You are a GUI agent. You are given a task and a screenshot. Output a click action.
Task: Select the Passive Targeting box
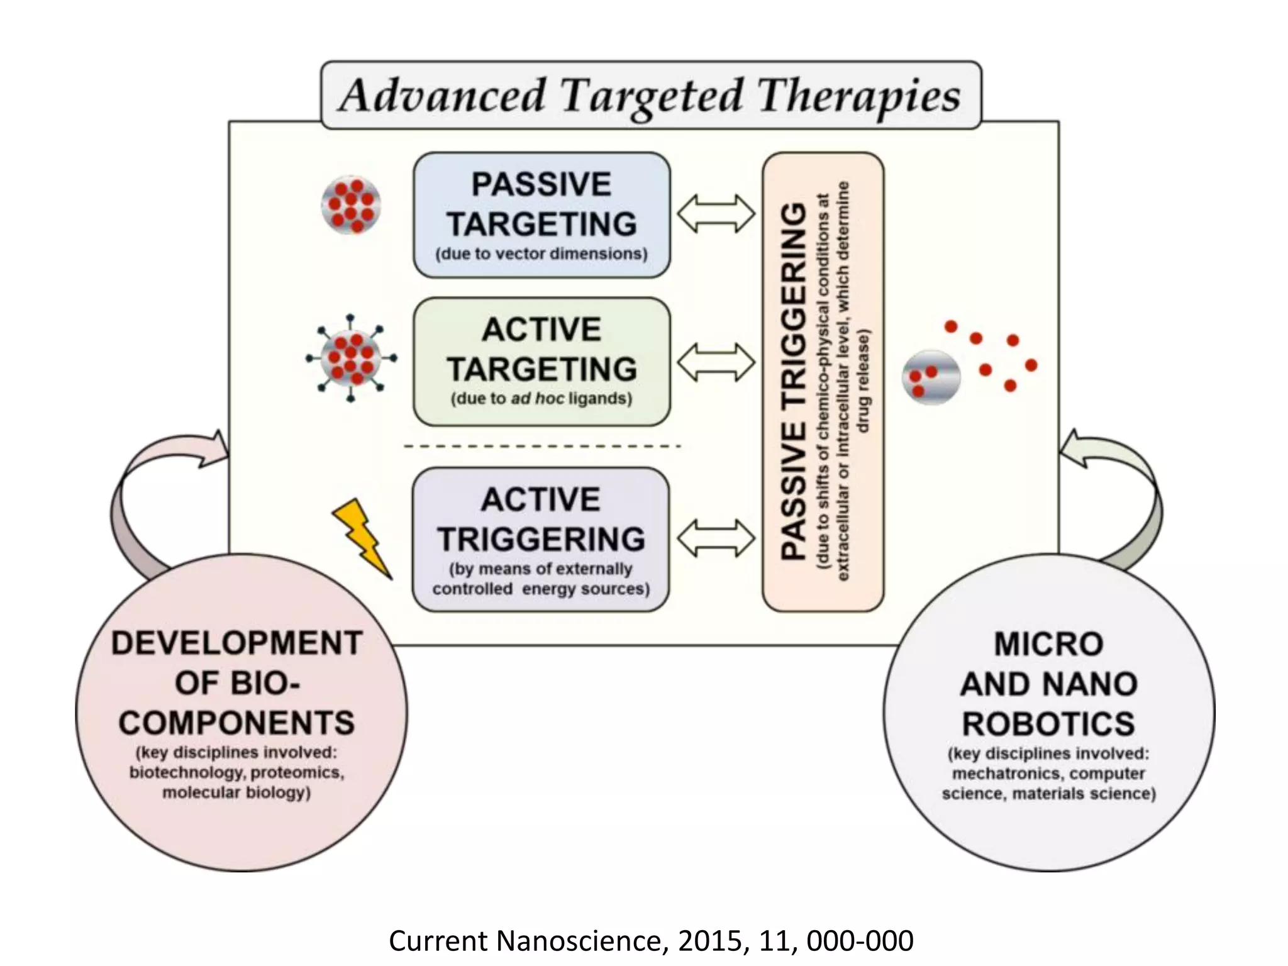(541, 214)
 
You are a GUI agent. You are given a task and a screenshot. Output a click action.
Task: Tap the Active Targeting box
(541, 362)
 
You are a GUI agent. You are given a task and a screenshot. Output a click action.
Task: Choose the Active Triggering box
(541, 539)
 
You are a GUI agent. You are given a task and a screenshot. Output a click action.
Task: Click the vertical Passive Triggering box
(823, 381)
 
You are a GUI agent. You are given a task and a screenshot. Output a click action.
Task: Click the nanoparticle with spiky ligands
(351, 358)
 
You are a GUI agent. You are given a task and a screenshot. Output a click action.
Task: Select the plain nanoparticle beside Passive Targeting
(351, 205)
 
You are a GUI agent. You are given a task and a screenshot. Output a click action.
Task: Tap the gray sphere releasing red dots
(931, 377)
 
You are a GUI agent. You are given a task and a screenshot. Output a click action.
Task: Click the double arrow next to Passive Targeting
(716, 214)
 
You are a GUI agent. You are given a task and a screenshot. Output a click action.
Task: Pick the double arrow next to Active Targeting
(716, 362)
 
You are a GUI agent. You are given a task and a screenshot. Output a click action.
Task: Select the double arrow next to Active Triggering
(716, 538)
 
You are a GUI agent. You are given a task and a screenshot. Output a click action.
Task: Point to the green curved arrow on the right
(1126, 491)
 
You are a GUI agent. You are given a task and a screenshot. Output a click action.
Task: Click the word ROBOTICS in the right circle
(1048, 723)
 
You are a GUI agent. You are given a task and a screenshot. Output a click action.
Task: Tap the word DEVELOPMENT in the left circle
(236, 643)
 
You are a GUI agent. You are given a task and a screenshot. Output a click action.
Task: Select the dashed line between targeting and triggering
(541, 446)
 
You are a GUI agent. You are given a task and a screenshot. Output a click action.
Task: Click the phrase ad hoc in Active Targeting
(537, 399)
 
